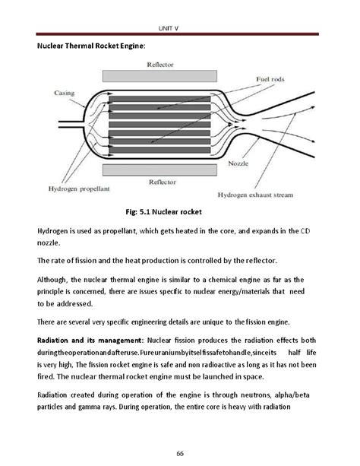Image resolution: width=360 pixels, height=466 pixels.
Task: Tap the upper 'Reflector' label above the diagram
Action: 162,65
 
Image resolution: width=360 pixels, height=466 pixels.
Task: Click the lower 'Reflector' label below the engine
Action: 163,182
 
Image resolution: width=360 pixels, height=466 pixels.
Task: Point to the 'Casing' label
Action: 65,94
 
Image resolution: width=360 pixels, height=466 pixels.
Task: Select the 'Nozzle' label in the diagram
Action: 238,163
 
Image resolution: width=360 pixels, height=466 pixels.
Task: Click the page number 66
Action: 180,453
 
